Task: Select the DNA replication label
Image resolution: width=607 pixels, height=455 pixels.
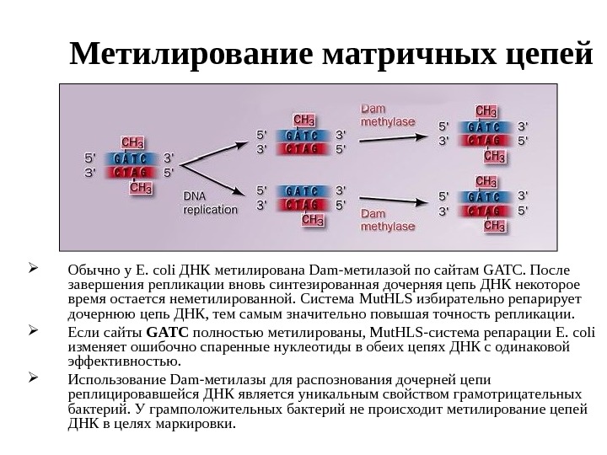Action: click(x=210, y=203)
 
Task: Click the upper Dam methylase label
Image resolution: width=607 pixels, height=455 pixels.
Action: click(x=387, y=115)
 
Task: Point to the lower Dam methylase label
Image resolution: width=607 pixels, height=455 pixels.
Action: click(x=388, y=220)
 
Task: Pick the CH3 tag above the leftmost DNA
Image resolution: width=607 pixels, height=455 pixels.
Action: click(x=132, y=141)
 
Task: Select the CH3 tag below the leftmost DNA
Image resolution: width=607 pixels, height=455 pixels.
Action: click(x=141, y=190)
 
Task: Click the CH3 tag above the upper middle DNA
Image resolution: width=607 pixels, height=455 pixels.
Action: click(x=303, y=119)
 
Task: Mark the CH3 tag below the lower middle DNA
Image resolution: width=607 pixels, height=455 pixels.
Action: click(x=312, y=221)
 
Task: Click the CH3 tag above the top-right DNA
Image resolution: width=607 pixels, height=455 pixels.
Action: click(x=486, y=110)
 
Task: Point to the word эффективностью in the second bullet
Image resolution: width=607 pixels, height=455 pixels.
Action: click(x=114, y=362)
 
